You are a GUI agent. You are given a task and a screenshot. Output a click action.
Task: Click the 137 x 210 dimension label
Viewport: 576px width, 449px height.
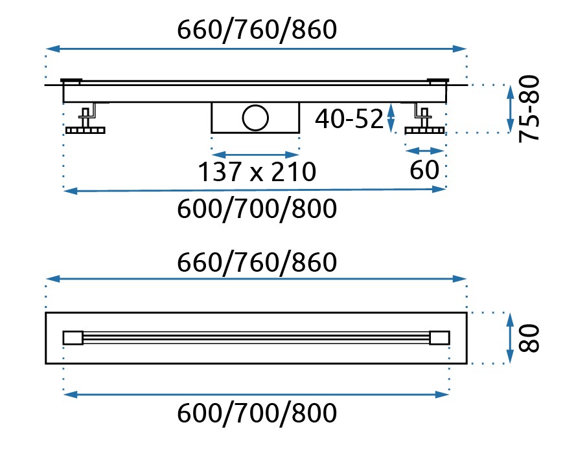(257, 171)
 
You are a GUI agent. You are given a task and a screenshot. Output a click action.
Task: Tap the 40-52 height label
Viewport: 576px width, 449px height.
(349, 119)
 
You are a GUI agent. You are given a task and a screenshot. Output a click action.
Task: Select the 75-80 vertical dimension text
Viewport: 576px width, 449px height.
(529, 109)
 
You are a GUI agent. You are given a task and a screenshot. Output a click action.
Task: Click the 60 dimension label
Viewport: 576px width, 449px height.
(424, 170)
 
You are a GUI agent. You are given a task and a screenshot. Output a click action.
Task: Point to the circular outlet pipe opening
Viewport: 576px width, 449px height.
(255, 117)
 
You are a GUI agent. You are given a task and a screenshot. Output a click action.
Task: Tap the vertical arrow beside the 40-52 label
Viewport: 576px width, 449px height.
(391, 118)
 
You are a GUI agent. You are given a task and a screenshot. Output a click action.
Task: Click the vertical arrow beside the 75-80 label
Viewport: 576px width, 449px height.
(510, 109)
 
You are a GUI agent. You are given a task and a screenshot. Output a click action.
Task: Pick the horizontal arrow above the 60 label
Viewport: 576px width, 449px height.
(424, 151)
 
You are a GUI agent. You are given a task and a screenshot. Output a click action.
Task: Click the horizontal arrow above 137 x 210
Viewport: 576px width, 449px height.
(255, 155)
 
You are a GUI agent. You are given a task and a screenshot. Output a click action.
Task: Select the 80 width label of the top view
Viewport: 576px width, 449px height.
(529, 338)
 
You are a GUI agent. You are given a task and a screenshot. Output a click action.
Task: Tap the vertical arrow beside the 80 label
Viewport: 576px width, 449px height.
(510, 338)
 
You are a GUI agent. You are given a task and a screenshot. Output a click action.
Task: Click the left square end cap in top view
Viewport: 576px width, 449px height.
(73, 338)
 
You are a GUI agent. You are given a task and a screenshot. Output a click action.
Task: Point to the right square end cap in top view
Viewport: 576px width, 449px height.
(439, 338)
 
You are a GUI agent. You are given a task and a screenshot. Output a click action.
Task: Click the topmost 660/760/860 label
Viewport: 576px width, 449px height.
(257, 30)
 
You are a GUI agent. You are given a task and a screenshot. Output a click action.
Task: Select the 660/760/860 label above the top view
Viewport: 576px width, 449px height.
(257, 262)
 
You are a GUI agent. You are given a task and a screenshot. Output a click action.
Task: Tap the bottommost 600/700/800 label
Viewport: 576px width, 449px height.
(257, 413)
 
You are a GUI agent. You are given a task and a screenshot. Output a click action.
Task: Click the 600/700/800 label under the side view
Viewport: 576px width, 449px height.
(257, 208)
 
